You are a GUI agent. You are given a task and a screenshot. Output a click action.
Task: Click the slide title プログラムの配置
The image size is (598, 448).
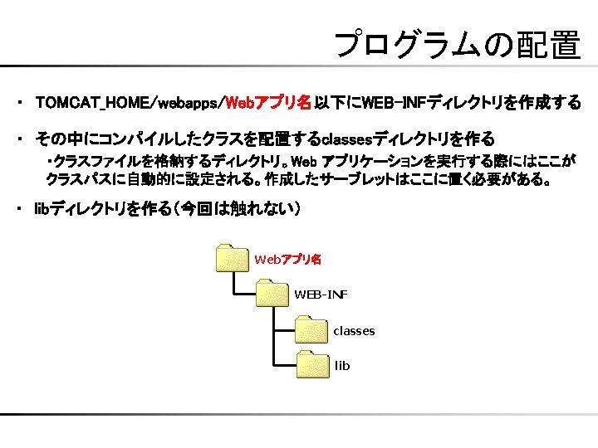coord(456,45)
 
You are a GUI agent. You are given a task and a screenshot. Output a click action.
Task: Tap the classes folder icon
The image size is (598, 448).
coord(311,330)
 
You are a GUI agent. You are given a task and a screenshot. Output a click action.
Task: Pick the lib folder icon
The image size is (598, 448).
coord(311,365)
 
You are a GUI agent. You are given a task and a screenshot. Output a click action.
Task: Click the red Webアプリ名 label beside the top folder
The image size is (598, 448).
coord(287,260)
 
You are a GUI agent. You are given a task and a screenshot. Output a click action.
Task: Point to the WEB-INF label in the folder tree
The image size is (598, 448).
coord(321,295)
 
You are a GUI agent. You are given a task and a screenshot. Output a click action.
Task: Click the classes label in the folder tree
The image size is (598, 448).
coord(354,331)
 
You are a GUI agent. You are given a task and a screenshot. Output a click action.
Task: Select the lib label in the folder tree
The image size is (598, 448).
coord(342,366)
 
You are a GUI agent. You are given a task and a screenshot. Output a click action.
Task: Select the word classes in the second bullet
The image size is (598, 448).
coord(350,139)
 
